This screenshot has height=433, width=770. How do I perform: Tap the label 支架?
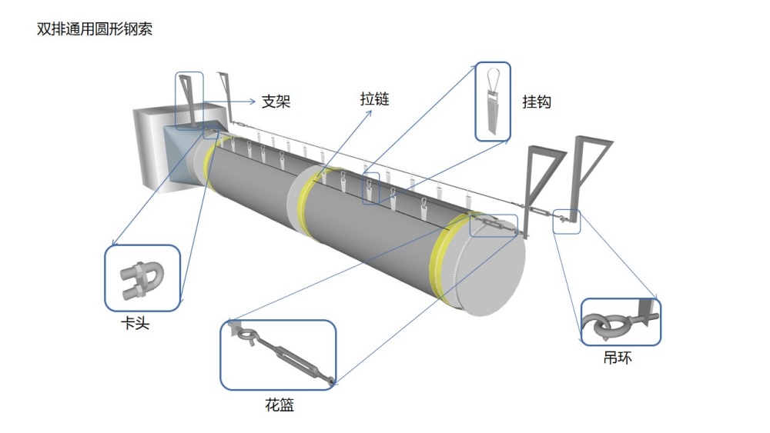click(x=276, y=101)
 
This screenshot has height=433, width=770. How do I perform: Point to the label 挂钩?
click(x=537, y=101)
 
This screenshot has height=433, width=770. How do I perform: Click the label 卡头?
click(x=136, y=323)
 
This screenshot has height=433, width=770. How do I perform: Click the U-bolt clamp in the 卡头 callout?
click(x=141, y=278)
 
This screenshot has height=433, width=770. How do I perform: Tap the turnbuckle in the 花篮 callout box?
click(x=280, y=355)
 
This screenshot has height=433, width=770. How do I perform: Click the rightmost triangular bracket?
click(x=591, y=173)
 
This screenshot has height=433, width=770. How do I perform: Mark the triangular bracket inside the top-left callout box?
click(x=189, y=96)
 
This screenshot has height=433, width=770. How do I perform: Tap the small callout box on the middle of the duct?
click(x=371, y=188)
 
